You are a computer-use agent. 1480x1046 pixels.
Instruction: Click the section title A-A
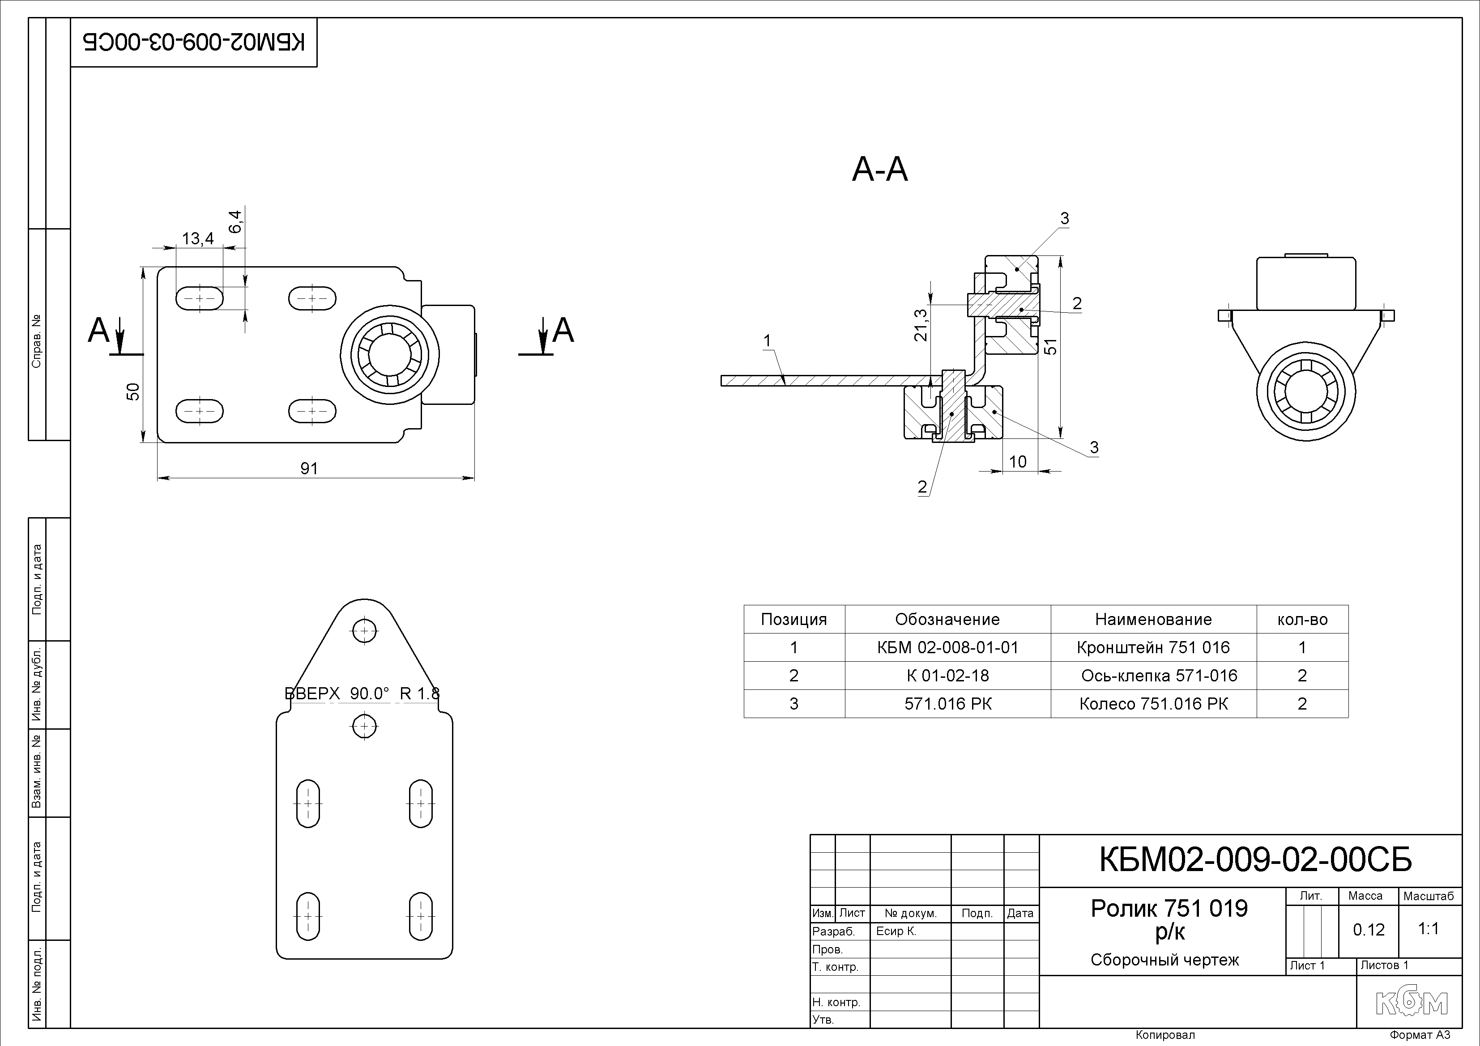(880, 170)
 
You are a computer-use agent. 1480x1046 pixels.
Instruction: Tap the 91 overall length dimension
(309, 468)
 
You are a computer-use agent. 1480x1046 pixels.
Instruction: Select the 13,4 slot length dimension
(198, 238)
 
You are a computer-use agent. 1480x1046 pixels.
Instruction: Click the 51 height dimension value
(1051, 346)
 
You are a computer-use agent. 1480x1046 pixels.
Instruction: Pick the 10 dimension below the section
(1017, 461)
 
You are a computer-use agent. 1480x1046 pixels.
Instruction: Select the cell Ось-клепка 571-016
(1159, 676)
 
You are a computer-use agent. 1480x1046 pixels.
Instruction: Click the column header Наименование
(1153, 619)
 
